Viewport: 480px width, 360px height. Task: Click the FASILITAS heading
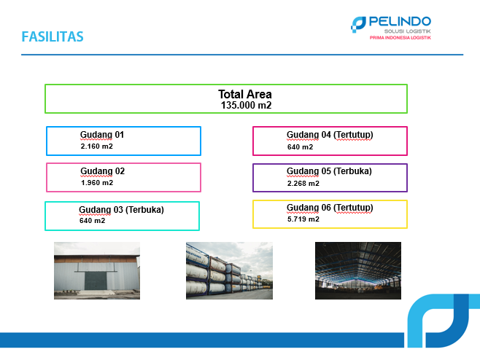tap(53, 36)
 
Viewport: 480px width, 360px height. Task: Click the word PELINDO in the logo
tap(400, 22)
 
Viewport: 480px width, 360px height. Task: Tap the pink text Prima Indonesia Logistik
tap(400, 38)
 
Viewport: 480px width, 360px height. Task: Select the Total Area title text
tap(245, 94)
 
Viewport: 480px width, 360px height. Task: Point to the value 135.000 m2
tap(246, 105)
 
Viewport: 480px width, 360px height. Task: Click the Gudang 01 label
tap(102, 135)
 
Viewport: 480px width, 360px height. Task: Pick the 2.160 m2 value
tap(97, 146)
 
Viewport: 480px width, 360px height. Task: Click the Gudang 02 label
tap(103, 171)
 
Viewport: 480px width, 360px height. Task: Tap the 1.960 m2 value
tap(97, 183)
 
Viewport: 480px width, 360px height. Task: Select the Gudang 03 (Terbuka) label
tap(121, 210)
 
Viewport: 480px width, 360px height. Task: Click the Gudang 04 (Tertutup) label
tap(330, 135)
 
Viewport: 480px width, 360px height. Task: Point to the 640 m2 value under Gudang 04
tap(300, 147)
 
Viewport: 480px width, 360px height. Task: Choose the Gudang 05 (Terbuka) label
tap(329, 171)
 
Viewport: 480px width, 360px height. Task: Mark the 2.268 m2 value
tap(303, 184)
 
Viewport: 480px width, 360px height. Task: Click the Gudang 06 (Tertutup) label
tap(330, 208)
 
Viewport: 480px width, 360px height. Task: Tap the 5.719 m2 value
tap(303, 219)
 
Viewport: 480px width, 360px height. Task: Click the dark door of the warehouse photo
tap(96, 281)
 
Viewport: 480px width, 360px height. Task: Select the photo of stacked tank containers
tap(229, 270)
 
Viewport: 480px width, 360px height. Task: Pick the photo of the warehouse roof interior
tap(358, 270)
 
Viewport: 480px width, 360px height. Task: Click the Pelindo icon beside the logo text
tap(358, 25)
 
